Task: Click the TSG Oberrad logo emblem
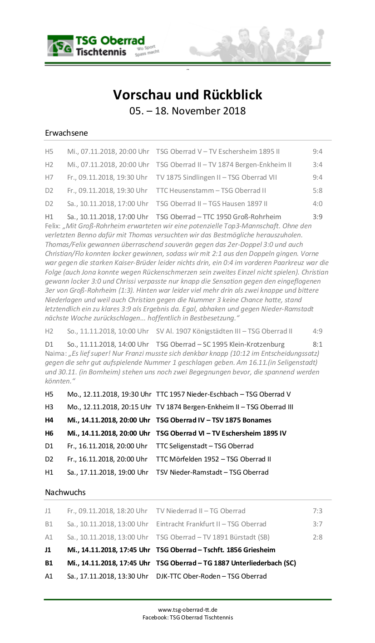coord(60,46)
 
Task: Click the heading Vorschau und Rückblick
coord(187,95)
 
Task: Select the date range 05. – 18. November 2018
coord(187,111)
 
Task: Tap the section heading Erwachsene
coord(66,133)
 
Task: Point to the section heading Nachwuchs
coord(65,492)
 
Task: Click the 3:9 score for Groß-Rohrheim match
coord(317,216)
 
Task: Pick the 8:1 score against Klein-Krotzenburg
coord(317,344)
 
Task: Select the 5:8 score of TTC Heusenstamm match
coord(317,190)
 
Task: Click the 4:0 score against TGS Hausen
coord(317,203)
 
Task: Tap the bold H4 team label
coord(49,420)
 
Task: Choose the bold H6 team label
coord(49,433)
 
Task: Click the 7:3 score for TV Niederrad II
coord(317,510)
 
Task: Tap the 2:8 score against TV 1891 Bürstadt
coord(317,537)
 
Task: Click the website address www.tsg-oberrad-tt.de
coord(187,609)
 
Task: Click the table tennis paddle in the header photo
coord(194,49)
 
